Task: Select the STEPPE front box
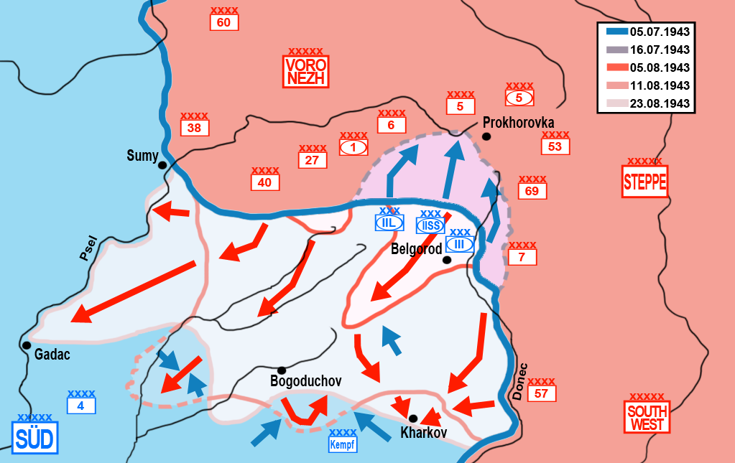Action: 644,182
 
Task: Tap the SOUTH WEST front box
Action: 647,418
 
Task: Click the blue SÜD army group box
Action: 34,437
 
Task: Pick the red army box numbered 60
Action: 223,23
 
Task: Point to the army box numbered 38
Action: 195,128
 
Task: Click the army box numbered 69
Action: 532,191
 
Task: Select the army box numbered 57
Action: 542,393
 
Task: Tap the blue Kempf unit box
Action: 342,444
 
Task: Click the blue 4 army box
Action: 80,406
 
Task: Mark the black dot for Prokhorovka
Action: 487,136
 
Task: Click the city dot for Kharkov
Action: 413,418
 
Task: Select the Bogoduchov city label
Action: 305,381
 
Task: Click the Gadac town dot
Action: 27,345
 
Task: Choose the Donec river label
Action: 521,380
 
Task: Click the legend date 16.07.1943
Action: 660,50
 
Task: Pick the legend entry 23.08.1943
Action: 660,103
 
